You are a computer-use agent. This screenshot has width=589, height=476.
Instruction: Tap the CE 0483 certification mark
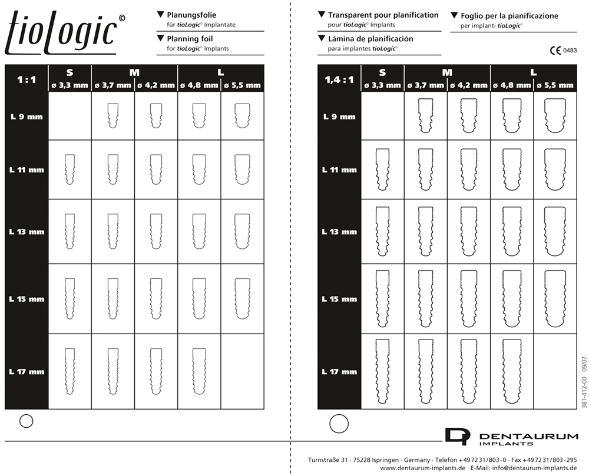[563, 51]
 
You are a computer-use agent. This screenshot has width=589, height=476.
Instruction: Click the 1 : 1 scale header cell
[27, 78]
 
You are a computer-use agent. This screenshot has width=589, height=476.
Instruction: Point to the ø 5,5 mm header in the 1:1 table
[242, 85]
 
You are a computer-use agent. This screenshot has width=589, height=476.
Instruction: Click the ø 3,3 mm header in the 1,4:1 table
[382, 85]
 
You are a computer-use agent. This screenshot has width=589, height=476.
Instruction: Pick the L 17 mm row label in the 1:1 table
[27, 372]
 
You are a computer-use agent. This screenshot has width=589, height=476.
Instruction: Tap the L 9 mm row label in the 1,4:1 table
[339, 116]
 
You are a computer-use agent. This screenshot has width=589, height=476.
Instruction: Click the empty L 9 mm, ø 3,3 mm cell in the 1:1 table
[70, 116]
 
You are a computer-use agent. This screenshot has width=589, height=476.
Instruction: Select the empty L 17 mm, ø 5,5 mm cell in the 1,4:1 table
[554, 371]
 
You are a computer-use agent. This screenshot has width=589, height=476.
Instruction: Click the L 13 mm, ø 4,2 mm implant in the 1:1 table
[155, 230]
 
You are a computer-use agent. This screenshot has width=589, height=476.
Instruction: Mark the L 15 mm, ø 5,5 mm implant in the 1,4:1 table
[554, 299]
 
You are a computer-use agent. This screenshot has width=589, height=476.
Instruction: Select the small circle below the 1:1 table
[27, 421]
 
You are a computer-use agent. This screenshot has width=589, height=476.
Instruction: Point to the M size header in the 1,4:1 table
[447, 72]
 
